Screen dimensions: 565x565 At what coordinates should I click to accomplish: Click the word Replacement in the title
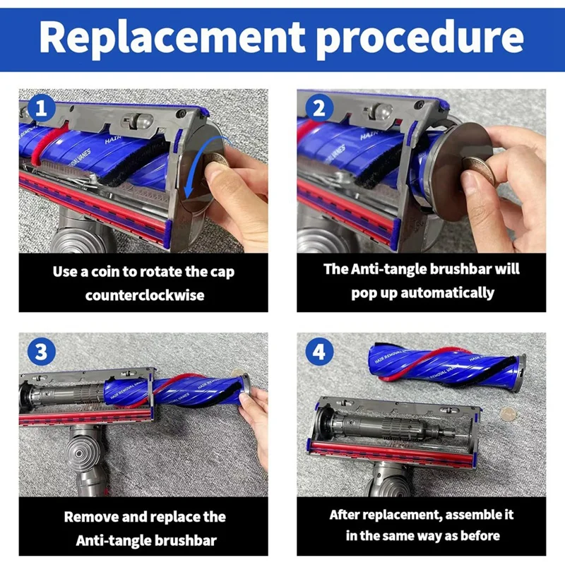tap(172, 38)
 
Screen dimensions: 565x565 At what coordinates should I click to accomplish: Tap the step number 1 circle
tap(41, 108)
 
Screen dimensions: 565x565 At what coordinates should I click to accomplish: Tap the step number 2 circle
tap(319, 108)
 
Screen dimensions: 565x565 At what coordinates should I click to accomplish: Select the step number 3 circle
tap(41, 351)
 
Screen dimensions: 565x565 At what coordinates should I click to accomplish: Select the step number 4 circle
tap(319, 351)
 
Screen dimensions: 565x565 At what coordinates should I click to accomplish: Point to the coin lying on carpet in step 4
tap(507, 413)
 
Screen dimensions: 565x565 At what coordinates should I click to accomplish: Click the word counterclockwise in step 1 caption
tap(145, 295)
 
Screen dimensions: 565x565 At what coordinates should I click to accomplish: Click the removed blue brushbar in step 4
tap(446, 369)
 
